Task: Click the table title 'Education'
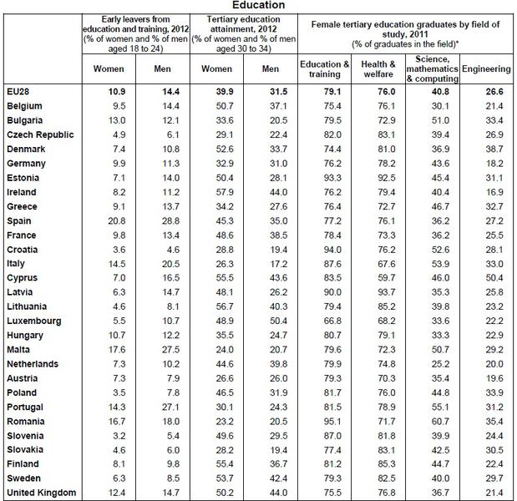pos(259,6)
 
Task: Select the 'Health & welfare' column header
pos(378,68)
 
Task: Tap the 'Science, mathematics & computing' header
pos(431,68)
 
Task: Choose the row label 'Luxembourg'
pos(33,321)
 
